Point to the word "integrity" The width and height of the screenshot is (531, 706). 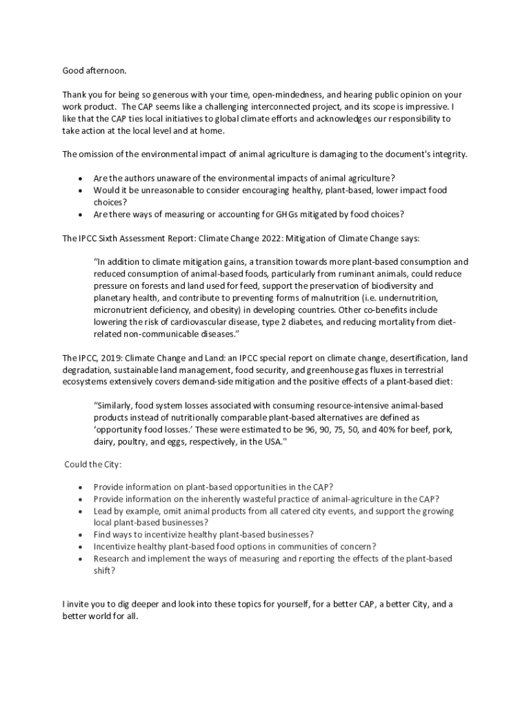pos(446,154)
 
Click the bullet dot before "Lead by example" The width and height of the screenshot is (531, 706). pos(82,512)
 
